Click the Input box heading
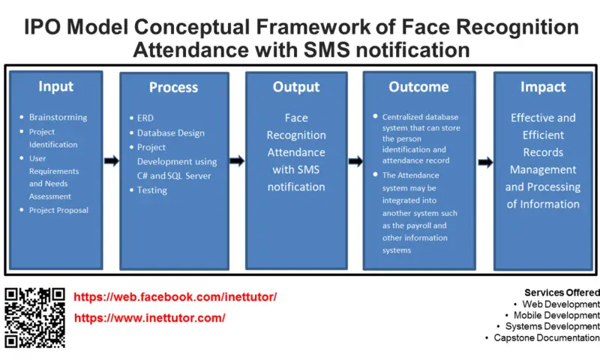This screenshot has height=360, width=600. point(55,86)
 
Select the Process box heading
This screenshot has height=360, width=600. point(174,87)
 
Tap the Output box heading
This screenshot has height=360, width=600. point(296,87)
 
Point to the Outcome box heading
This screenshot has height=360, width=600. point(418,87)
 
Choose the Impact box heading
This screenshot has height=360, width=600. point(543,87)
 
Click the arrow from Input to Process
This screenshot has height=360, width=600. point(111,160)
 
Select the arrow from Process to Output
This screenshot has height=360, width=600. point(237,160)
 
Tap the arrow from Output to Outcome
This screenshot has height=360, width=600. point(355,161)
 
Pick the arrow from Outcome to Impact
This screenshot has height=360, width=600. point(485,162)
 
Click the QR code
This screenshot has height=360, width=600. point(34,318)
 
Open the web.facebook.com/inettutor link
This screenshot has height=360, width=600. point(175,297)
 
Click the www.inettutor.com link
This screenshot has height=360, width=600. point(149,318)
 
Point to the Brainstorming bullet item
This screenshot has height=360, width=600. point(58,117)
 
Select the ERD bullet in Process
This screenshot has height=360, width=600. point(145,118)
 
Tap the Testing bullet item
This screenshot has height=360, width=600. point(152,190)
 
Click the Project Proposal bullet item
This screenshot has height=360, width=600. point(58,210)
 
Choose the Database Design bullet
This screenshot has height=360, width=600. point(171,133)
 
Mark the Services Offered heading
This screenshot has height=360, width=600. point(562,292)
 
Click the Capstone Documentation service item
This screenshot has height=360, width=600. point(547,337)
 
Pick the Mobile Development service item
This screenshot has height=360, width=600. point(556,315)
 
